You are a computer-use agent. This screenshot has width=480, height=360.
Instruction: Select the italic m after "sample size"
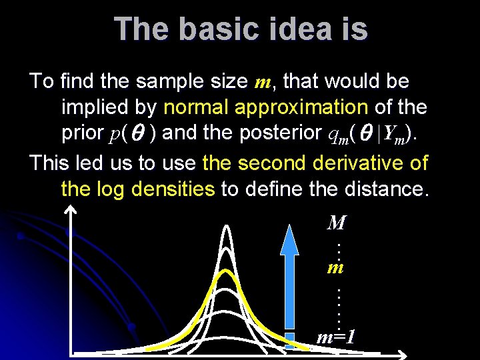point(262,83)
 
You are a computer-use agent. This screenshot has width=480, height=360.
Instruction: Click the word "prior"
point(83,133)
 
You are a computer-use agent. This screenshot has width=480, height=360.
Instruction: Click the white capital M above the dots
point(337,223)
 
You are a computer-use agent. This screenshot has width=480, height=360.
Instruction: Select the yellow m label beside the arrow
point(335,267)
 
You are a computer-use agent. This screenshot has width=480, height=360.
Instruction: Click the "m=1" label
point(335,337)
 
